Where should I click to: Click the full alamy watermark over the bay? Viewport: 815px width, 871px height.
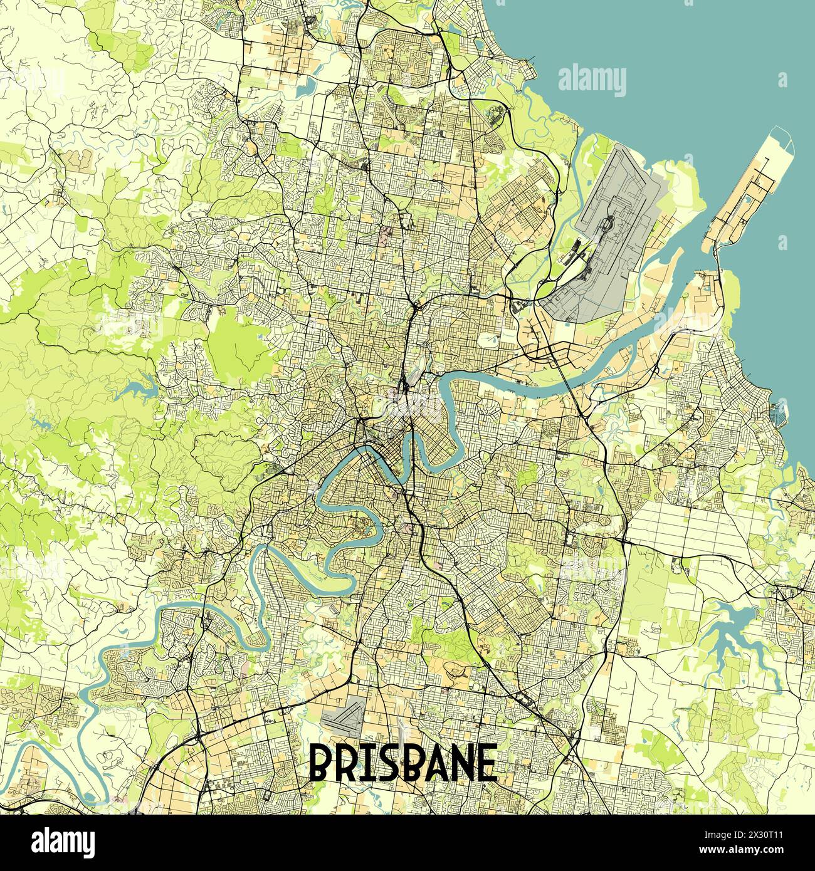coord(592,78)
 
